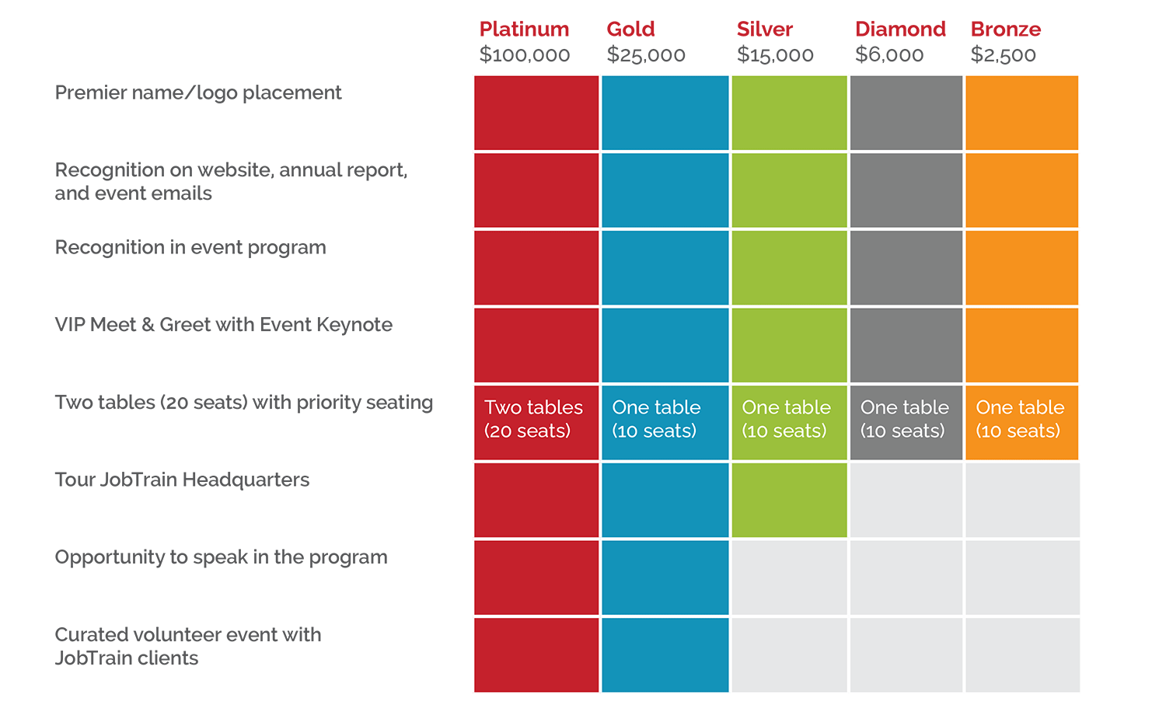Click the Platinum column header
[x=524, y=30]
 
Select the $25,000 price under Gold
[x=646, y=55]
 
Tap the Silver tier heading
[x=765, y=30]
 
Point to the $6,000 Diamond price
[x=889, y=55]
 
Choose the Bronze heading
[x=1006, y=30]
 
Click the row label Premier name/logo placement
[x=198, y=93]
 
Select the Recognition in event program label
[x=190, y=248]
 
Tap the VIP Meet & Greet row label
[x=224, y=325]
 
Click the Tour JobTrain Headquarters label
[x=182, y=480]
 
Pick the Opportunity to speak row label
[x=221, y=557]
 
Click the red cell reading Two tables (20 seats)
[x=536, y=422]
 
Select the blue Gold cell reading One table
[x=665, y=422]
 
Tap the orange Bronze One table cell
[x=1021, y=422]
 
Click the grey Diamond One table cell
[x=906, y=422]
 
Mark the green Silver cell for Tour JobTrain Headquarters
[x=789, y=500]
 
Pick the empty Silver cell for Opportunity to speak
[x=789, y=578]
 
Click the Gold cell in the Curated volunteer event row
[x=665, y=654]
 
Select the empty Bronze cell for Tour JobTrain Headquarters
[x=1021, y=500]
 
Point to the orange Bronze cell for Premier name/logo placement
[x=1021, y=113]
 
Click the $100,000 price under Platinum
[x=525, y=55]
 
